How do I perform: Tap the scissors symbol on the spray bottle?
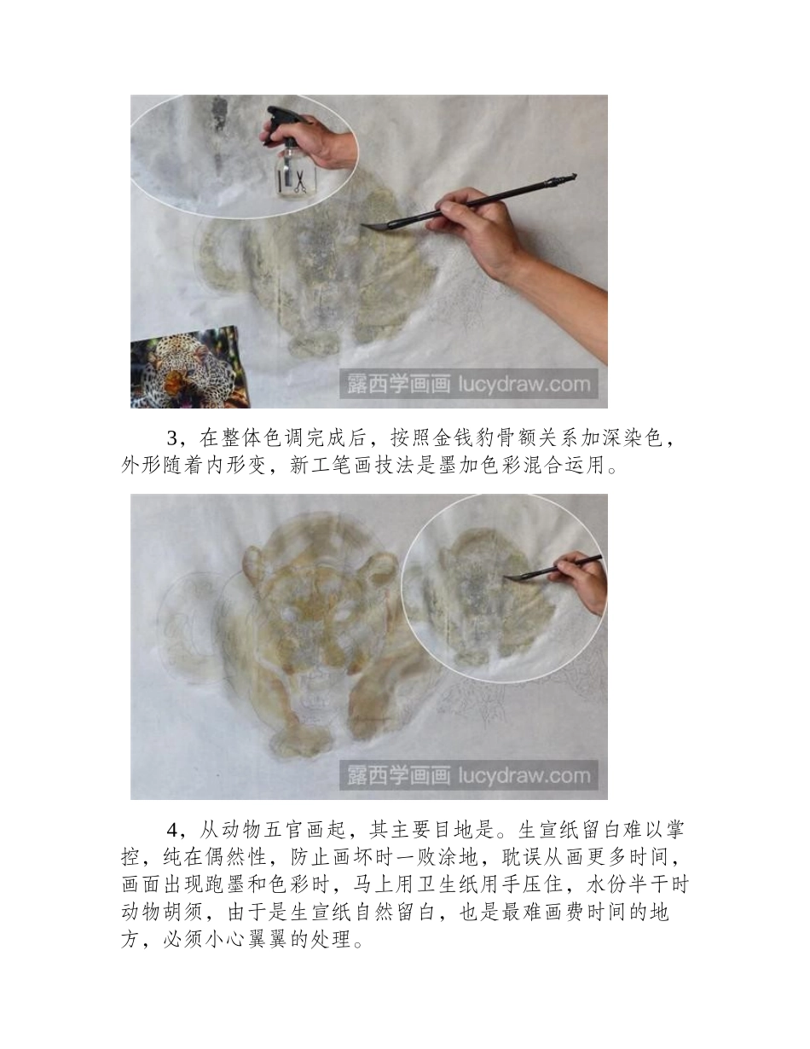[x=299, y=181]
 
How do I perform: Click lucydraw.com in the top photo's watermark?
[x=524, y=384]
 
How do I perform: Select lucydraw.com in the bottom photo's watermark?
[x=524, y=775]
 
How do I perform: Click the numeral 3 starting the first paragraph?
[x=172, y=439]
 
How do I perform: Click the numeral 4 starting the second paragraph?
[x=172, y=830]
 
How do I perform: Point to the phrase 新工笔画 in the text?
[x=334, y=466]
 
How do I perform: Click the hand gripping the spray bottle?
[x=328, y=141]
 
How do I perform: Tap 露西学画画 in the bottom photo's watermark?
[x=397, y=775]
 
